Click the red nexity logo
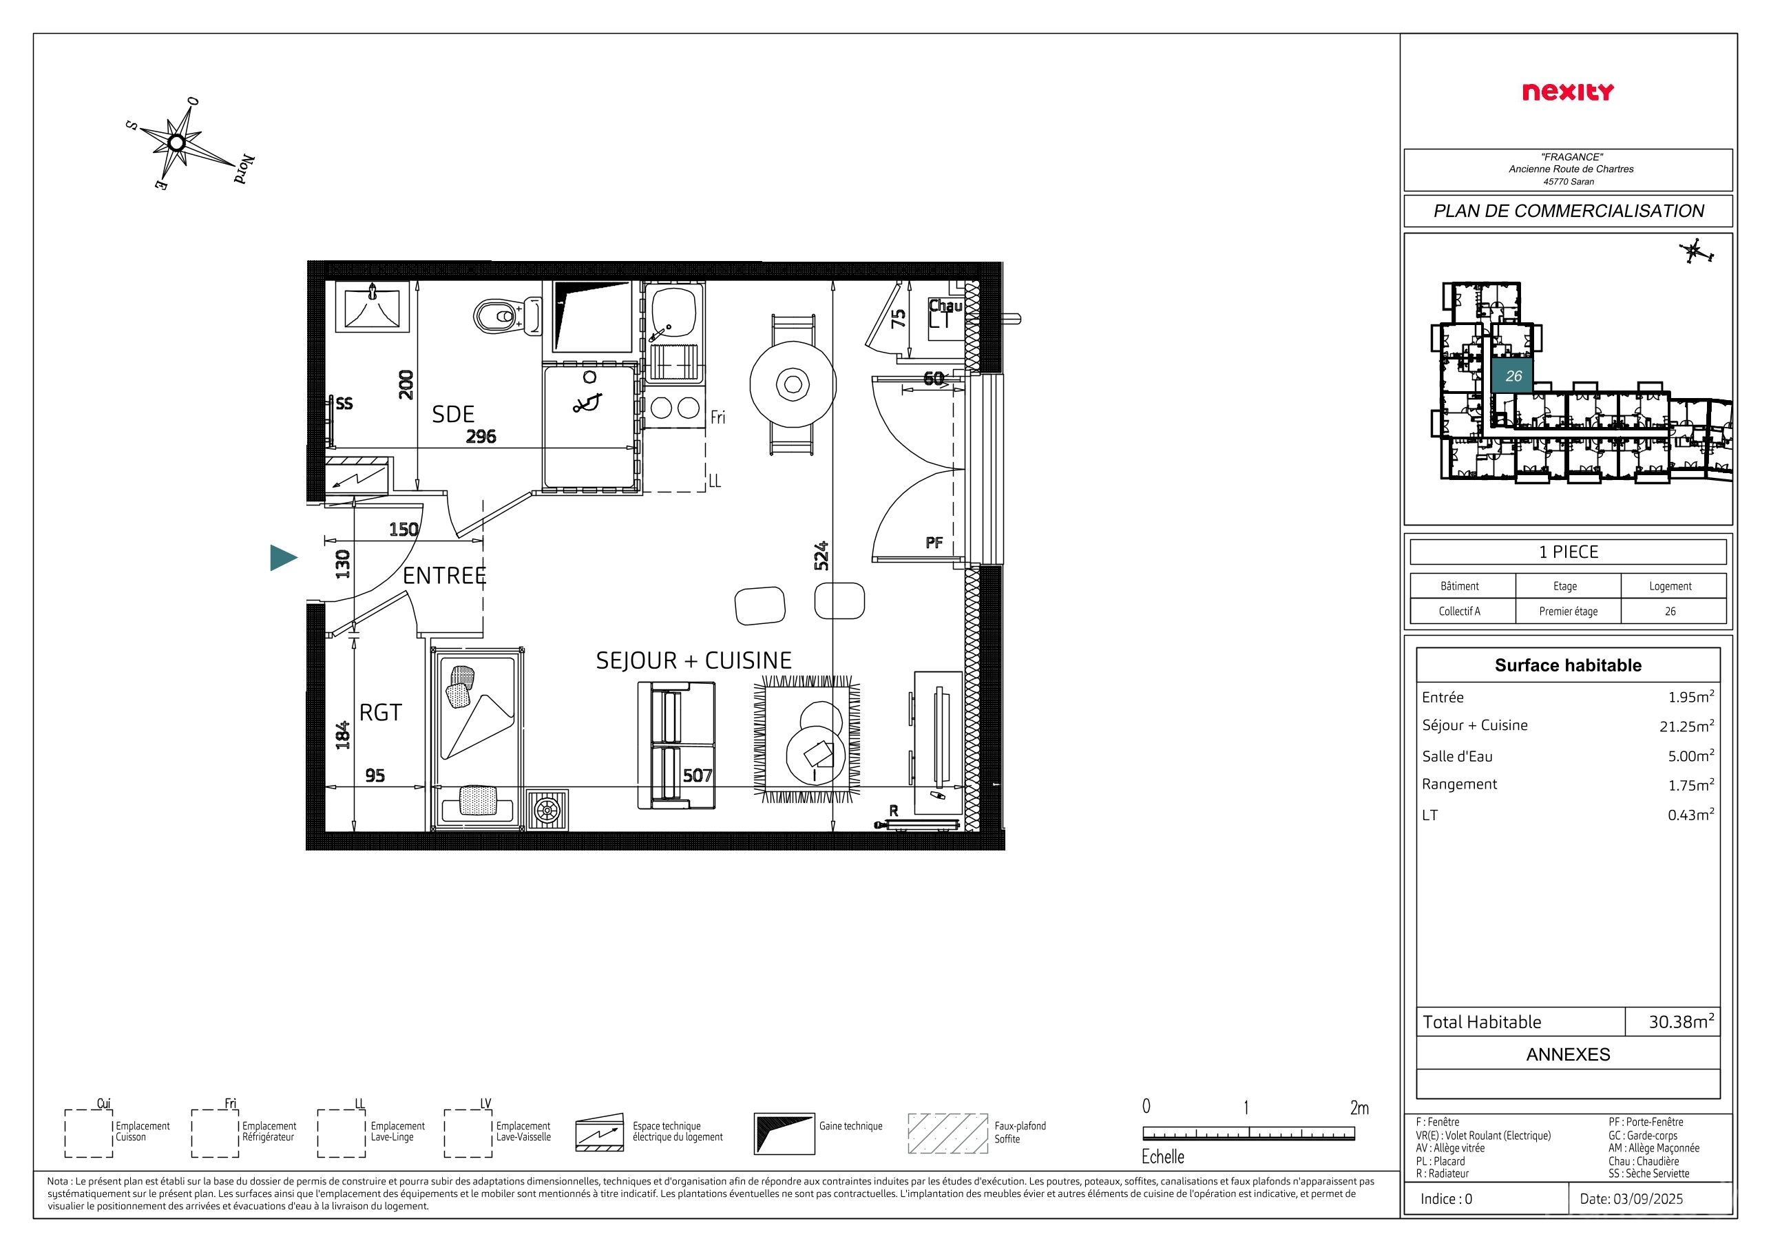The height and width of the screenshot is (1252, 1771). point(1567,92)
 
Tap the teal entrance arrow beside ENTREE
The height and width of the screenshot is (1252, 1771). point(283,558)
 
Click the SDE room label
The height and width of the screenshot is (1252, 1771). point(453,415)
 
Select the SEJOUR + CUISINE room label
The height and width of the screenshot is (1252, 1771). point(693,660)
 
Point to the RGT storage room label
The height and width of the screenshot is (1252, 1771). point(380,713)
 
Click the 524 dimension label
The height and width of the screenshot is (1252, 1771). point(821,556)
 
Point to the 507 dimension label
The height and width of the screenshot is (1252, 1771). point(698,775)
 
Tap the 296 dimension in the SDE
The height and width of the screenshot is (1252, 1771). point(481,437)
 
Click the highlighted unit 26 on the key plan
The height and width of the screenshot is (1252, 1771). point(1513,376)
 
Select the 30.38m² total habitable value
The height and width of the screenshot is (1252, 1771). point(1681,1021)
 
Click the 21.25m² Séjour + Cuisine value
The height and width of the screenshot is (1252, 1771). point(1687,726)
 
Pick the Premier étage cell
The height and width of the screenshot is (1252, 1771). point(1568,611)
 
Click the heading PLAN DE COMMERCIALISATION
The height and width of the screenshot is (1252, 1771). point(1568,211)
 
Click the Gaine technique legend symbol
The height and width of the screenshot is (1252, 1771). point(784,1133)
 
